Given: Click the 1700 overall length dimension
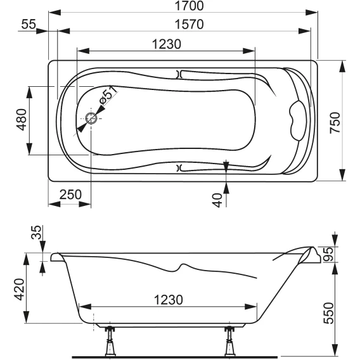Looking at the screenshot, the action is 189,6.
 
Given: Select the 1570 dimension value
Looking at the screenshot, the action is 189,24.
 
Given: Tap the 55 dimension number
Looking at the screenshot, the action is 29,24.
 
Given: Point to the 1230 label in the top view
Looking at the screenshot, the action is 167,44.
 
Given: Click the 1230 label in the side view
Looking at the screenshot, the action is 169,300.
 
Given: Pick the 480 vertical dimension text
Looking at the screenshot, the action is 22,120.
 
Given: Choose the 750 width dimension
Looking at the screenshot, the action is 335,122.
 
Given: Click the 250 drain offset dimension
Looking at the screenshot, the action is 70,195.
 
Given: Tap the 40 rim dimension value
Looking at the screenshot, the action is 217,200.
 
